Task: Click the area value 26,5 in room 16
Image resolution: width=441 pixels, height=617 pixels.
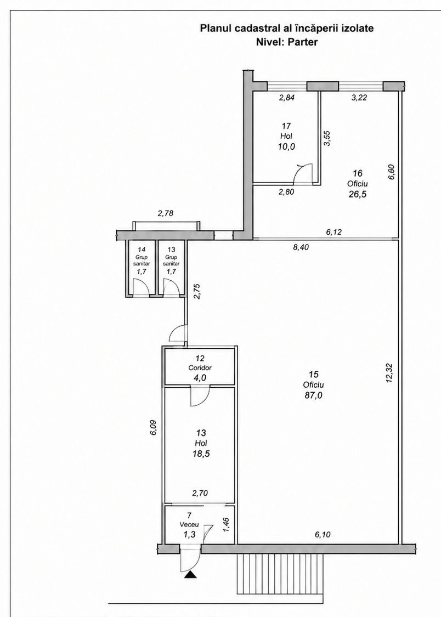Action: pyautogui.click(x=358, y=194)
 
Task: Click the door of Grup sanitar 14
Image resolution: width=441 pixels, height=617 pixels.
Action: pyautogui.click(x=140, y=286)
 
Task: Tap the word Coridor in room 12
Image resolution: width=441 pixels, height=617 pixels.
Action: pyautogui.click(x=200, y=368)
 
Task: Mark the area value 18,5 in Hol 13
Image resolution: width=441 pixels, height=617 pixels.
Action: pyautogui.click(x=201, y=454)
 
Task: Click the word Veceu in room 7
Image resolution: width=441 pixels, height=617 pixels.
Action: pyautogui.click(x=189, y=524)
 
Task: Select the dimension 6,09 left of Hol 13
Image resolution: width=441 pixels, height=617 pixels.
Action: pyautogui.click(x=154, y=428)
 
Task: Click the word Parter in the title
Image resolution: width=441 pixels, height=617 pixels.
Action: pyautogui.click(x=302, y=42)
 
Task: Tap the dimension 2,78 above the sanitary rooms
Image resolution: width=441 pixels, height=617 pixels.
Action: pyautogui.click(x=165, y=214)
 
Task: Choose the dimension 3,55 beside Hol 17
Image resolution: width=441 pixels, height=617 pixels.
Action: pyautogui.click(x=327, y=139)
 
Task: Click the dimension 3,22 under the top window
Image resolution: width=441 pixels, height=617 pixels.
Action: pyautogui.click(x=359, y=97)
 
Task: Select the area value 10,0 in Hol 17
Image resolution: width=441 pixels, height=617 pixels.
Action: pyautogui.click(x=286, y=147)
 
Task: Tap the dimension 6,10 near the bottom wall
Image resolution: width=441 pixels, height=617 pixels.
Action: pyautogui.click(x=323, y=534)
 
